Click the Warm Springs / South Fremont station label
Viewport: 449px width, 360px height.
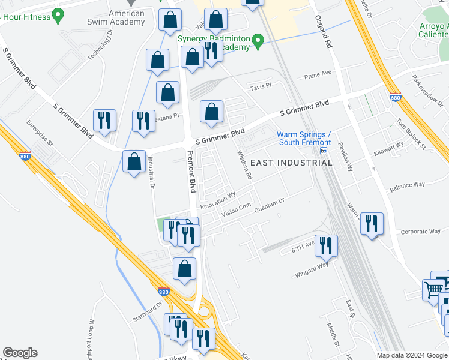pos(304,138)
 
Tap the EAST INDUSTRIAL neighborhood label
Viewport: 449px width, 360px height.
pos(282,163)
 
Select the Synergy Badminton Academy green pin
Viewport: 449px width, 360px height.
pos(258,41)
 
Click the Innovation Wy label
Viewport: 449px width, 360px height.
pos(218,198)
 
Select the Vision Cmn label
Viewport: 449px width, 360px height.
pos(236,209)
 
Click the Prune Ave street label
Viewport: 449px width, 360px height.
pos(318,74)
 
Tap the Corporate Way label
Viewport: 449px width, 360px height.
pos(420,232)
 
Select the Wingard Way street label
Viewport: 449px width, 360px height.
pos(312,269)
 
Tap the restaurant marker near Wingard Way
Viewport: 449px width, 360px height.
pos(326,245)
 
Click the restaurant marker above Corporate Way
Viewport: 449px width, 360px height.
pos(372,224)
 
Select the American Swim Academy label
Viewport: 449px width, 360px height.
pos(127,18)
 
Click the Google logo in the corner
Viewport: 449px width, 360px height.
pos(20,353)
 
